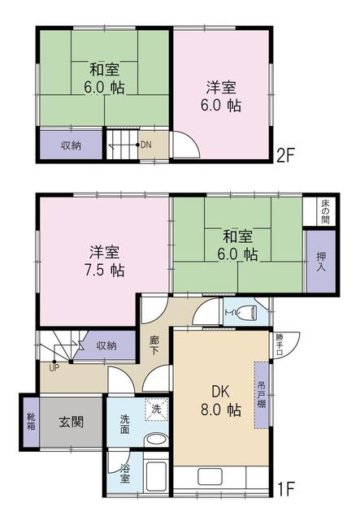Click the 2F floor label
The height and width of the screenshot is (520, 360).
(x=285, y=155)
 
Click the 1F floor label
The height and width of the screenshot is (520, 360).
(x=285, y=488)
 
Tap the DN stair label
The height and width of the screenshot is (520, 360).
(x=146, y=145)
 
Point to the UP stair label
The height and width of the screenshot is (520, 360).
(x=54, y=368)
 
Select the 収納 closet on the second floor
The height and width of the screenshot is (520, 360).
(x=71, y=145)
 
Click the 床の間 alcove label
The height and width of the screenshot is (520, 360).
(x=326, y=211)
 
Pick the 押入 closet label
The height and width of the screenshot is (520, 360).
(x=321, y=262)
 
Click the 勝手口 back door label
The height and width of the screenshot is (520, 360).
(x=279, y=344)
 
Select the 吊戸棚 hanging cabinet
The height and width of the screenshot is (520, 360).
(x=262, y=395)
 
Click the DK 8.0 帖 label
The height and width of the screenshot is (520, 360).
(x=221, y=401)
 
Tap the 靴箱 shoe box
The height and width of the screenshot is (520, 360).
(x=31, y=421)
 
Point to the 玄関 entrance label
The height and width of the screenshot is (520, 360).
(x=72, y=422)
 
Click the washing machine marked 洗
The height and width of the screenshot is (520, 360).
(x=156, y=409)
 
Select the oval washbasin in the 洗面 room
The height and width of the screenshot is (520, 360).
(x=156, y=440)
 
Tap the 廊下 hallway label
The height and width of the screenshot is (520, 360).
(x=154, y=344)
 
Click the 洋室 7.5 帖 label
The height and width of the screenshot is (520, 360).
(x=104, y=262)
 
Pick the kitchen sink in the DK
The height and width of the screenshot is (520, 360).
(x=210, y=477)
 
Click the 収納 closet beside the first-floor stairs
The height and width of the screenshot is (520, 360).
(x=106, y=345)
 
